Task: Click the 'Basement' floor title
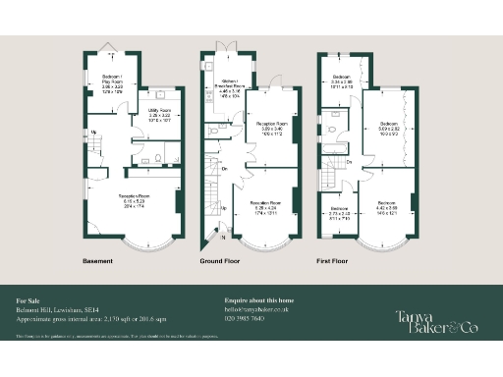point(98,261)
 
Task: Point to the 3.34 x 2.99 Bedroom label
point(342,79)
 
